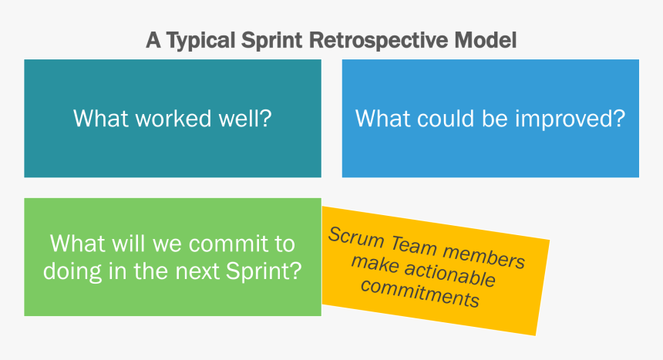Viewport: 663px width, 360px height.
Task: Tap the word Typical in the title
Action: click(195, 41)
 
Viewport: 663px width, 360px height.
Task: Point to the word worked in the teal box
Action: click(167, 119)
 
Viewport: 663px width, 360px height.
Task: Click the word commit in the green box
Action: click(224, 244)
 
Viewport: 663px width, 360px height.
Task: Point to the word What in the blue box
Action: click(379, 119)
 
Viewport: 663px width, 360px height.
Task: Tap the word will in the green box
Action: click(122, 244)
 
